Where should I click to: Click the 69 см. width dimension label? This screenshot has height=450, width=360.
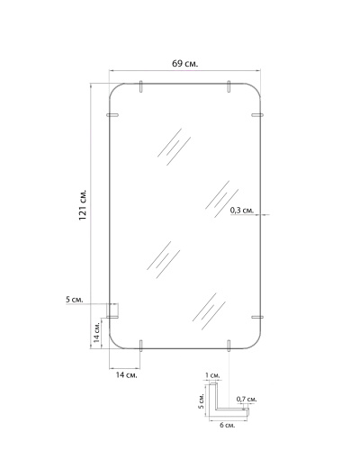point(184,64)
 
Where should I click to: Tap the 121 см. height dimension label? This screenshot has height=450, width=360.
point(83,205)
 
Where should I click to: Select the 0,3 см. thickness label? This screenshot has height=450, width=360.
point(242,211)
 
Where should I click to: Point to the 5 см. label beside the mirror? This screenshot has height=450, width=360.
point(75,299)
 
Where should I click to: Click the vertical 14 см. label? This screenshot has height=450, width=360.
point(96,333)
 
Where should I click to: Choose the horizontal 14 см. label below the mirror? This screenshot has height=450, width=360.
point(127,374)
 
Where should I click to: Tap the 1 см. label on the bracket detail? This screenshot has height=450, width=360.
point(212,375)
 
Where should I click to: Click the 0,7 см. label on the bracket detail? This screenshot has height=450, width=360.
point(247,399)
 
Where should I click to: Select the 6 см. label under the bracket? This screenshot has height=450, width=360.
point(228,425)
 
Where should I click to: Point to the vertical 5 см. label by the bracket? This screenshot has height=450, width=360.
point(202,400)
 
